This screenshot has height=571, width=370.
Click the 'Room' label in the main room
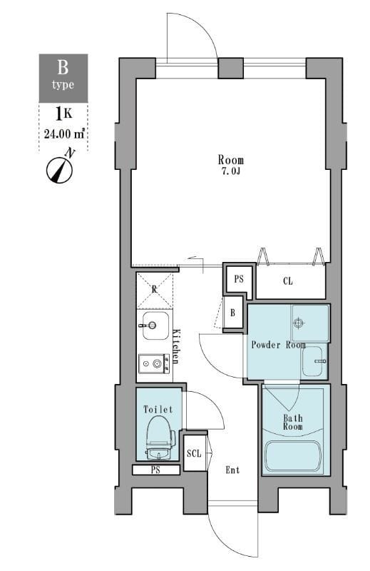(x=230, y=160)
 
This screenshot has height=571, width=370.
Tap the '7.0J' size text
(x=230, y=172)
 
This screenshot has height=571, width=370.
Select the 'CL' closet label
(x=287, y=281)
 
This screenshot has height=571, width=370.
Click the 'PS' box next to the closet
(x=239, y=278)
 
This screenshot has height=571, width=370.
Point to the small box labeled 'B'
(x=232, y=312)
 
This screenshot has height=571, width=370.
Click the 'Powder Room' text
(x=277, y=345)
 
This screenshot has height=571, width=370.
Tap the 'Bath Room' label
(x=293, y=422)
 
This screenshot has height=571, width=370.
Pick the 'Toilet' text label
(x=158, y=410)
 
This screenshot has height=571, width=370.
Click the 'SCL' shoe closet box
(x=193, y=453)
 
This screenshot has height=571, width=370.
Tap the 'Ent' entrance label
(x=232, y=470)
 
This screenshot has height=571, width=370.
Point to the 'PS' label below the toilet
(x=155, y=470)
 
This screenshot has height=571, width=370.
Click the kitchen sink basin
(x=153, y=326)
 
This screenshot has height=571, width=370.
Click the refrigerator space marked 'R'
(x=155, y=289)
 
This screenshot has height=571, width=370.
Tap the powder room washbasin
(x=314, y=363)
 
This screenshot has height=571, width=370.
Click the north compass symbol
(x=61, y=168)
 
